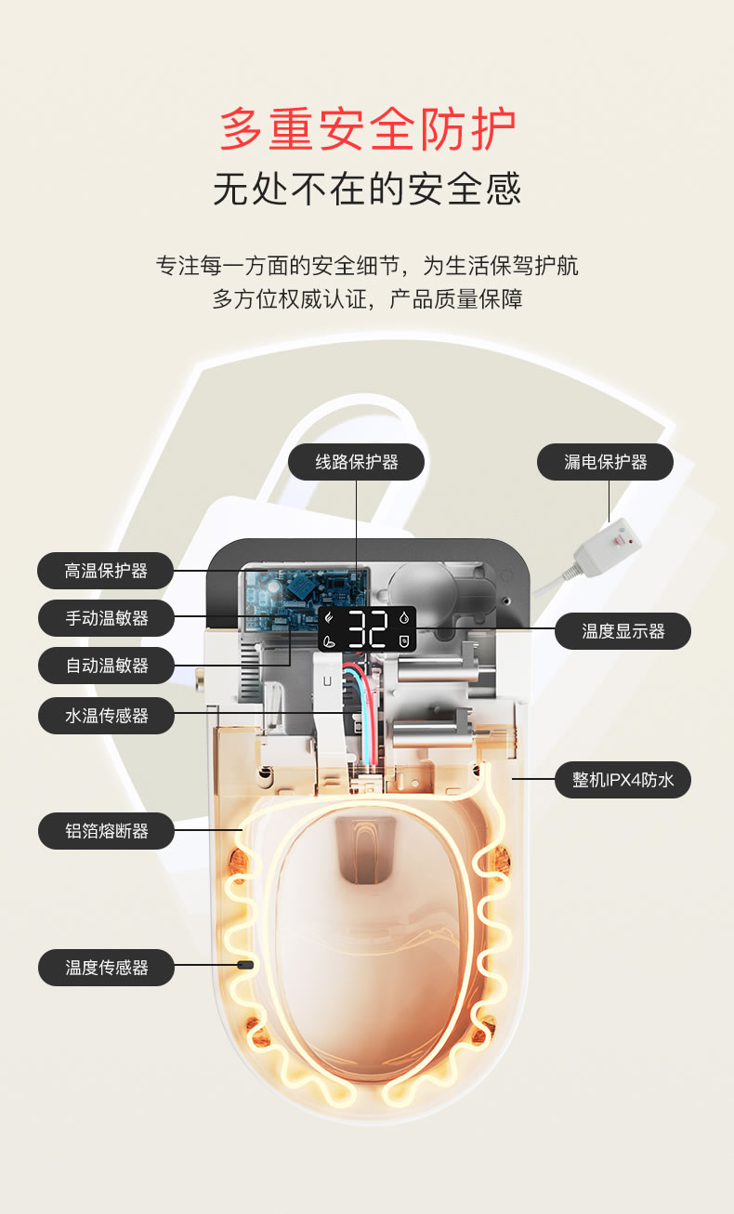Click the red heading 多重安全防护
click(x=367, y=129)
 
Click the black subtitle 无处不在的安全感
click(x=367, y=189)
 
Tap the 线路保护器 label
click(x=356, y=462)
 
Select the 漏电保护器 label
click(x=605, y=462)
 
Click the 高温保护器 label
click(x=106, y=571)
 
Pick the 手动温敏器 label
click(x=106, y=618)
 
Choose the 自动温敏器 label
click(x=106, y=666)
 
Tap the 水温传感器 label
click(x=106, y=716)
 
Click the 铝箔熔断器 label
click(x=106, y=831)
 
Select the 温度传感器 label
click(x=106, y=968)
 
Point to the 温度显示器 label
click(x=623, y=631)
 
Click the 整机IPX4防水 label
click(x=623, y=780)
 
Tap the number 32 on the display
click(x=368, y=628)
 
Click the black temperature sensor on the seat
click(x=245, y=965)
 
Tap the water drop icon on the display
click(x=404, y=617)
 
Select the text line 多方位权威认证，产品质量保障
click(x=367, y=299)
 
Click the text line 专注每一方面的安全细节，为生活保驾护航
click(x=367, y=266)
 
